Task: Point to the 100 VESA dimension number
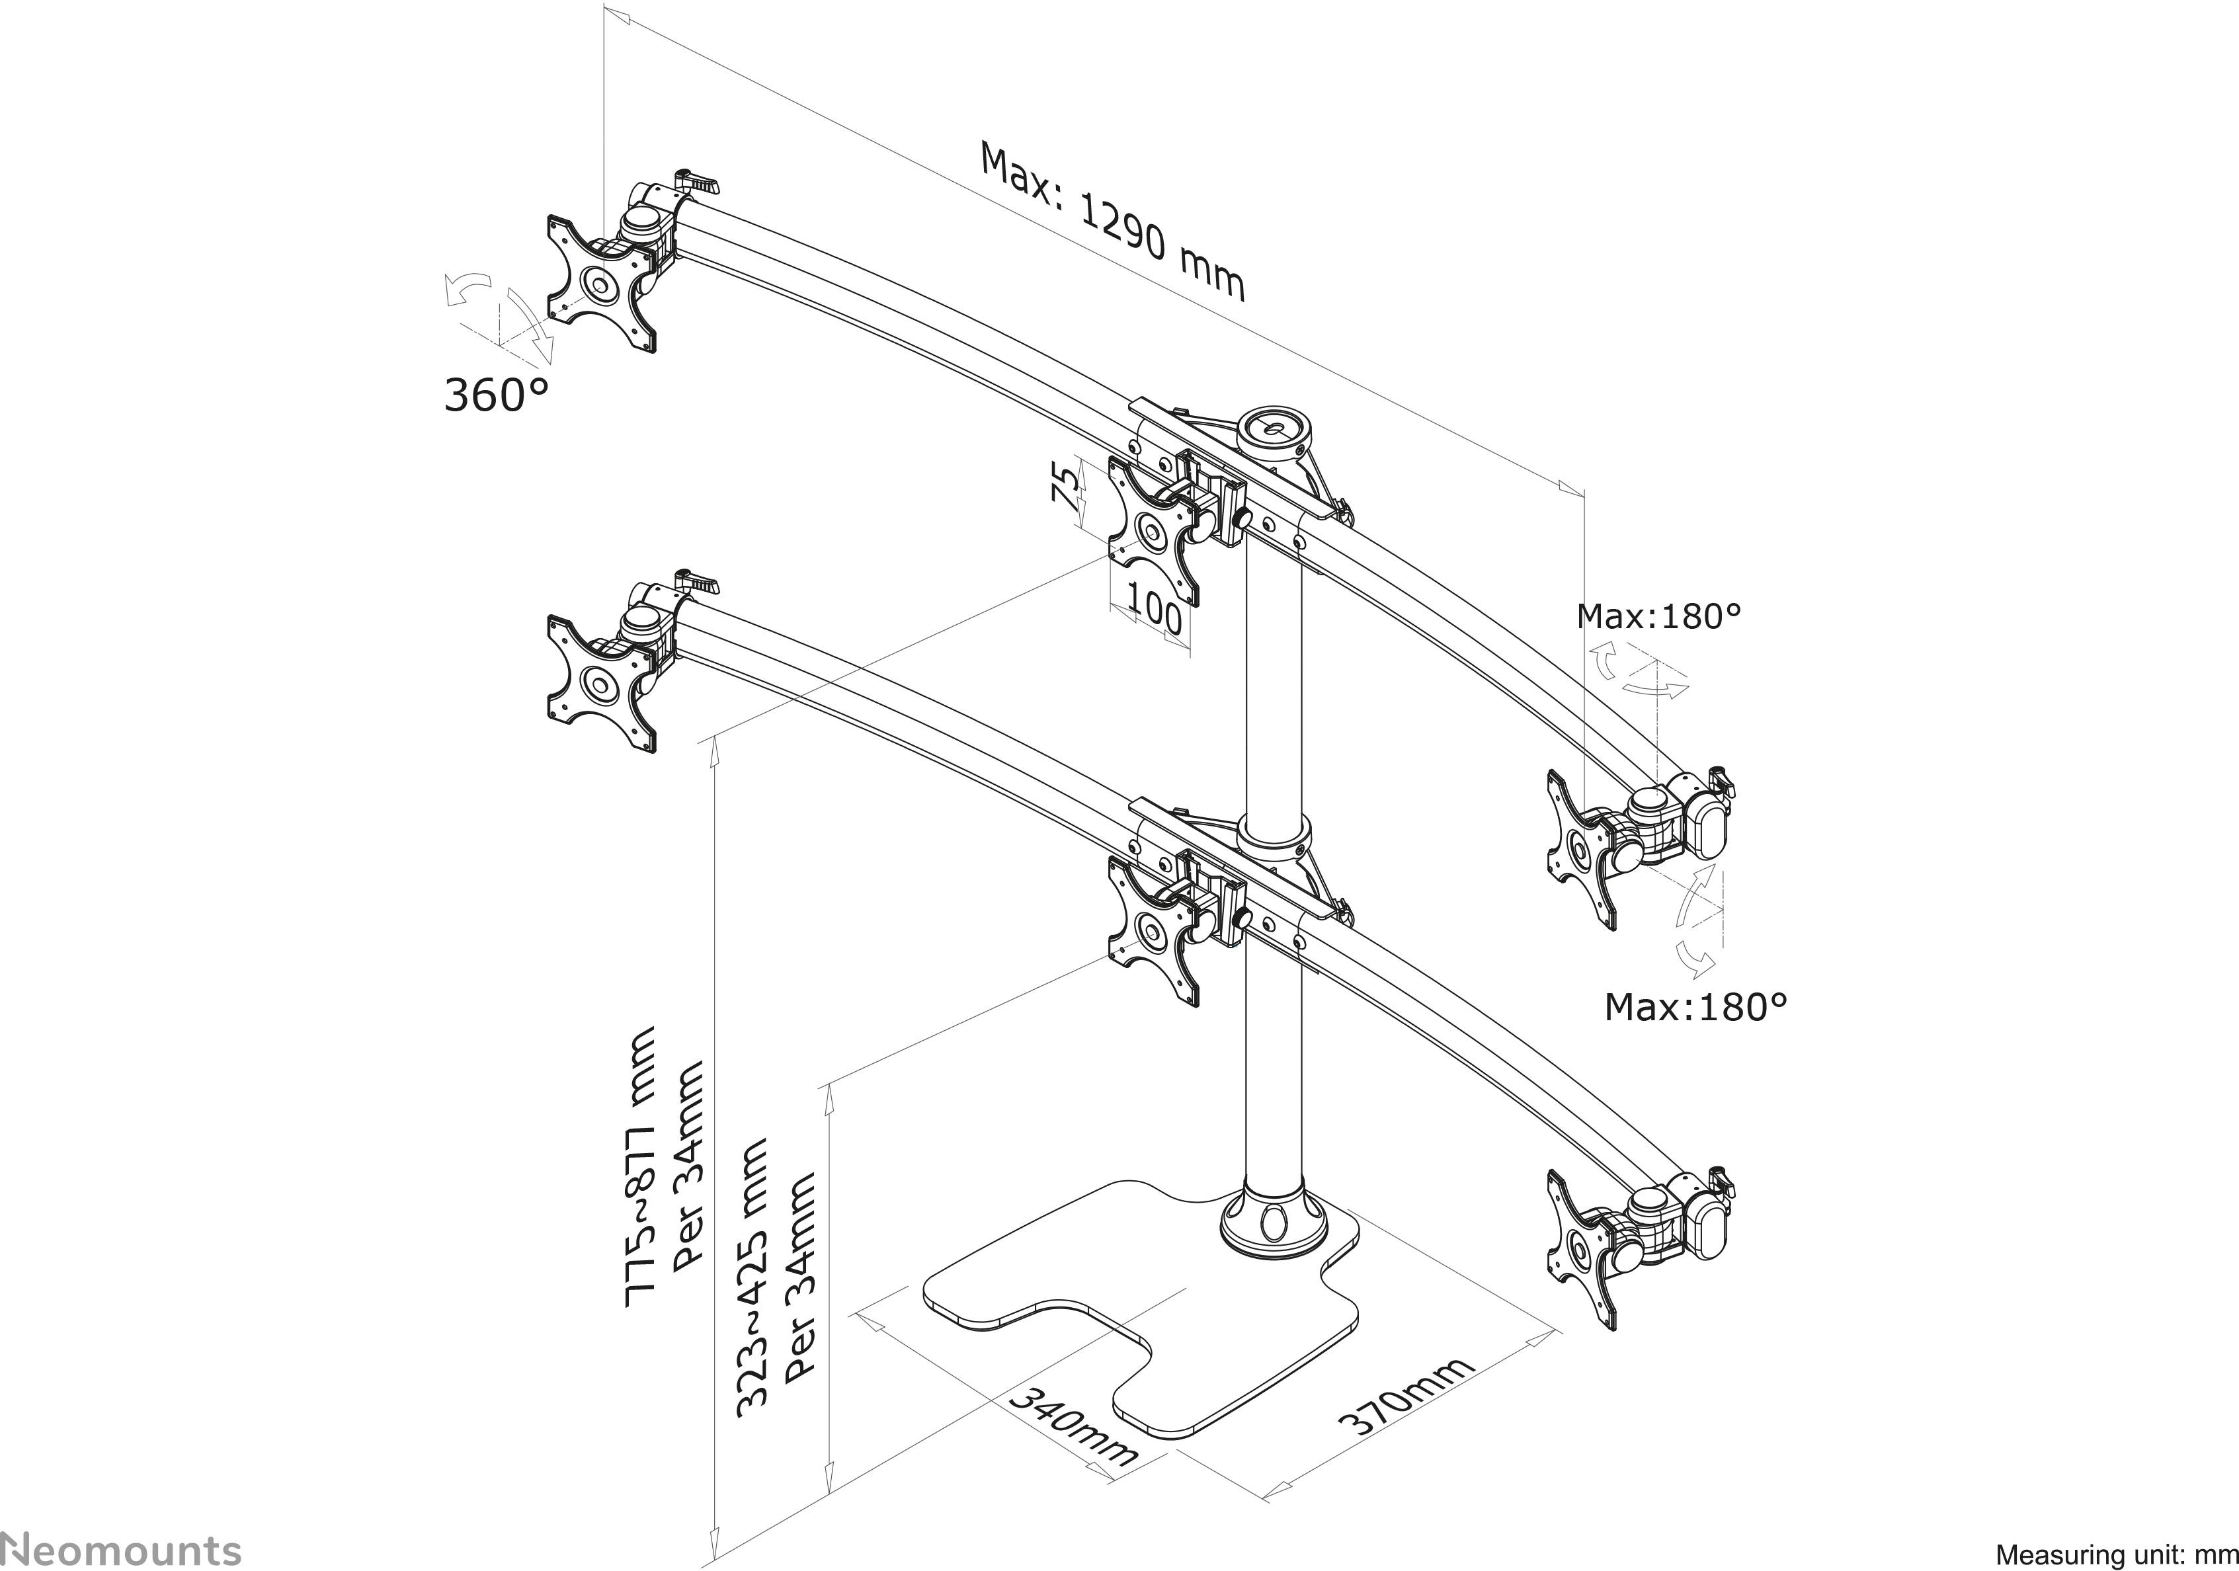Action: point(1154,614)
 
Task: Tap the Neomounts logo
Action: point(122,1549)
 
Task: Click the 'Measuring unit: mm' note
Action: point(2115,1553)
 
